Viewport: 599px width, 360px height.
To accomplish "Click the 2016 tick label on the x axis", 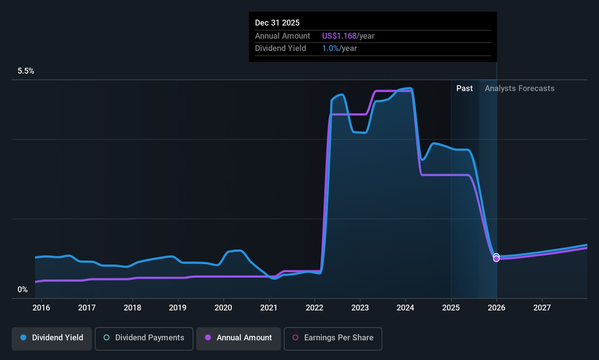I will (x=41, y=308).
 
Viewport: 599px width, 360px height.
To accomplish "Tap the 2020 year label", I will (x=223, y=308).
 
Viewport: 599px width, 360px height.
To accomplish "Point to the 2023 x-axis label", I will (x=360, y=308).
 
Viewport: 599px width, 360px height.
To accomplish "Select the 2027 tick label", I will (x=542, y=308).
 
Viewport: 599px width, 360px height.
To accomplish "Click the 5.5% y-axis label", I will (x=26, y=71).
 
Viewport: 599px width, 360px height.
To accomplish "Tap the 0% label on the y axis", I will (x=22, y=290).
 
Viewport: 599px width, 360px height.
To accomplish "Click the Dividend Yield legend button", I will (x=52, y=338).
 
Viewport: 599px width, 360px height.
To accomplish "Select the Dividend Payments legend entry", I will (x=144, y=338).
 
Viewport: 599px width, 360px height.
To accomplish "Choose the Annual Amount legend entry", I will (x=238, y=338).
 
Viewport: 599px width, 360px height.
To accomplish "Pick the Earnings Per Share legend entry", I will (x=333, y=338).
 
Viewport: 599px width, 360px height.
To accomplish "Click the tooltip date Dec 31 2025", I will (x=277, y=23).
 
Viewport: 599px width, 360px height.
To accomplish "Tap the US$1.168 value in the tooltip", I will (x=339, y=36).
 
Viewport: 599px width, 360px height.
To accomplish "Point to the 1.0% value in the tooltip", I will (x=330, y=48).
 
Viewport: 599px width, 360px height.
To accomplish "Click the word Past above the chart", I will (x=464, y=89).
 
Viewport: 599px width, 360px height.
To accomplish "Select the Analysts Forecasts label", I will (x=520, y=89).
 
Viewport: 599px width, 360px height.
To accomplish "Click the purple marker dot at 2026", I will (x=496, y=259).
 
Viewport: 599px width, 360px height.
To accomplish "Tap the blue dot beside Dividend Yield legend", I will (x=23, y=338).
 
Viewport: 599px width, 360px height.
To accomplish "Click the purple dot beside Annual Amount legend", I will (x=208, y=338).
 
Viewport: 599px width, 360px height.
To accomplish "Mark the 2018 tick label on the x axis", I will (x=132, y=308).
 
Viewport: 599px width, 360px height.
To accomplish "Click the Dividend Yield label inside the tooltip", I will (x=280, y=48).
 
